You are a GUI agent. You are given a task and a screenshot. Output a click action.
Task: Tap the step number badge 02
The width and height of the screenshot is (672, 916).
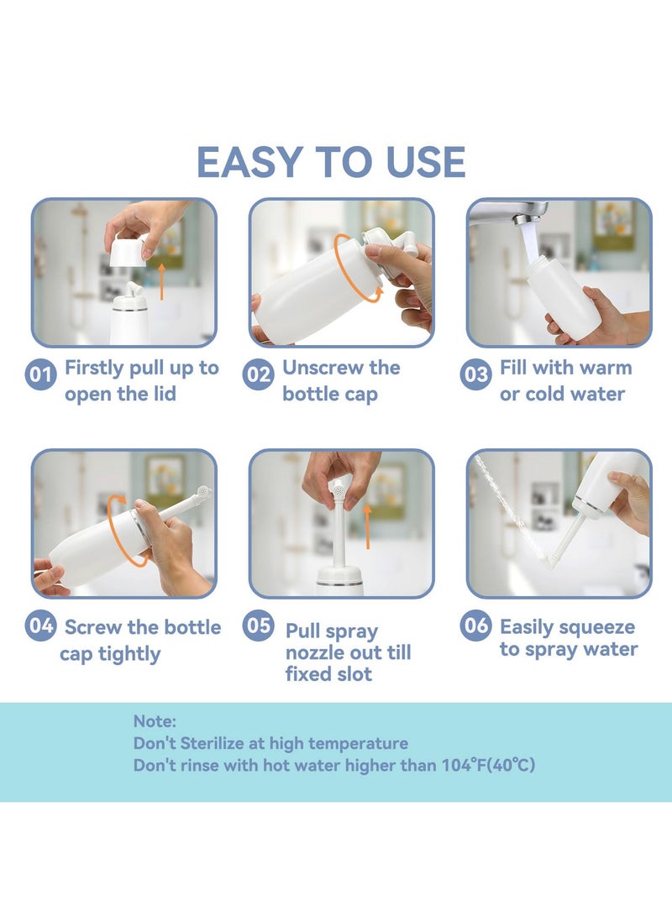point(258,374)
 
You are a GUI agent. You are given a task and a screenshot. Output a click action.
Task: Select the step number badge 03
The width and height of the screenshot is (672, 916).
point(475,374)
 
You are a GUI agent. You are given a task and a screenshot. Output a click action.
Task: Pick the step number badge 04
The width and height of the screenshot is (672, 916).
point(40,626)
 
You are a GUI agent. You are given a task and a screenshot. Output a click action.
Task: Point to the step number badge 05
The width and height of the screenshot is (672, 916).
point(258,626)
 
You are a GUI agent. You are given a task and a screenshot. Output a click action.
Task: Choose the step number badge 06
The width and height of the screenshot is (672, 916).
point(475,626)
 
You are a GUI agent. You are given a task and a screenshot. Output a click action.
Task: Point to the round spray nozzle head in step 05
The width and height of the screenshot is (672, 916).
point(341,486)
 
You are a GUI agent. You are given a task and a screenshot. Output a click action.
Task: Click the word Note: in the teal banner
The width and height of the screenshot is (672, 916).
point(155,720)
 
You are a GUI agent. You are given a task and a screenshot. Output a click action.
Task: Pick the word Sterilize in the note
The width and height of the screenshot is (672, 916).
point(221,743)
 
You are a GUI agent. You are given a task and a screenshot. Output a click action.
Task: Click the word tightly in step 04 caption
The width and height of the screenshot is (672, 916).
point(135,653)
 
